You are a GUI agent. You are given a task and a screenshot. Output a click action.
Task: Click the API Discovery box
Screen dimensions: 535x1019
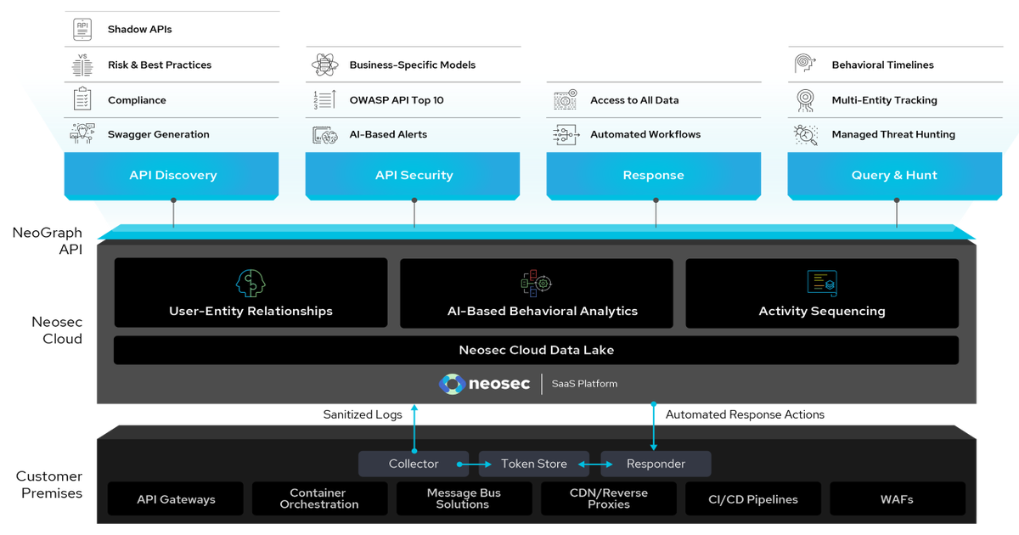(172, 176)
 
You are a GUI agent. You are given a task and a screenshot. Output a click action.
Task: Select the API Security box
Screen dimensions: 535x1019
(414, 176)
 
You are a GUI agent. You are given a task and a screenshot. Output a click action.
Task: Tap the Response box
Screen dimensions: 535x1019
(653, 176)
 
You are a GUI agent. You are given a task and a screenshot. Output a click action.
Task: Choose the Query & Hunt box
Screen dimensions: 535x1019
(894, 176)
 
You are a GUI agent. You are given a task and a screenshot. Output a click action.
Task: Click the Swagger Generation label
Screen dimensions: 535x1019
(158, 135)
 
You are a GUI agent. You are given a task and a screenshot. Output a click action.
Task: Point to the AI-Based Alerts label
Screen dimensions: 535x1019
(388, 135)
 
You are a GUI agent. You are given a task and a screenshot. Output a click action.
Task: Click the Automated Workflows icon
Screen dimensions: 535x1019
(566, 134)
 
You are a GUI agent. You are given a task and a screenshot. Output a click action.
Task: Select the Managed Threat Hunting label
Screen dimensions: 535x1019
(892, 135)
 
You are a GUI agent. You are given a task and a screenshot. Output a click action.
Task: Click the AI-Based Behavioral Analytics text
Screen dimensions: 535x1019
(542, 312)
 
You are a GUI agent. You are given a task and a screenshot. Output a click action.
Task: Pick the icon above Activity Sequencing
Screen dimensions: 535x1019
(821, 283)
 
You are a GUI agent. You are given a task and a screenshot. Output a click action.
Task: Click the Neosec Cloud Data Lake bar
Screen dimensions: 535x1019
(536, 350)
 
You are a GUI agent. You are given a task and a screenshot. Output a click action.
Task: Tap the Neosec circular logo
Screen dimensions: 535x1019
(452, 384)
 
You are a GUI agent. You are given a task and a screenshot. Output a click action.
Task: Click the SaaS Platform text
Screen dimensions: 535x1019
(584, 384)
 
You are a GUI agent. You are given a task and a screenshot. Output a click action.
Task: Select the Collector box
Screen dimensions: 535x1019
(414, 464)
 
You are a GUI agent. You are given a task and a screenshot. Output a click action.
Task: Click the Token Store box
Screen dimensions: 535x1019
(534, 464)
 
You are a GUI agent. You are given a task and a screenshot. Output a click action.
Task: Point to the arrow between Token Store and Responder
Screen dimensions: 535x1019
(595, 465)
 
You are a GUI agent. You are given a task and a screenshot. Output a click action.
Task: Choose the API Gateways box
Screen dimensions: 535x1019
(176, 499)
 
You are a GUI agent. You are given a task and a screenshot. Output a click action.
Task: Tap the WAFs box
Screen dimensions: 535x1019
(897, 499)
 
